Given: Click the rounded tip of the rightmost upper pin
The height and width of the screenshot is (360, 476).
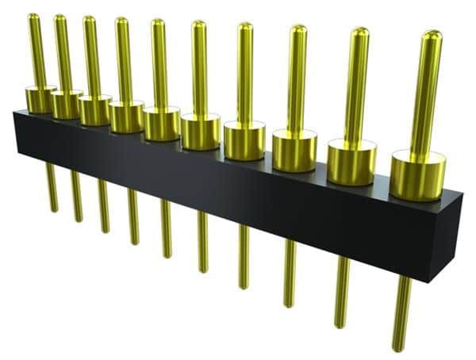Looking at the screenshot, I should [432, 36].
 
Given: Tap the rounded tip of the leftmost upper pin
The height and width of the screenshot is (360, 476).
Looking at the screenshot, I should [33, 17].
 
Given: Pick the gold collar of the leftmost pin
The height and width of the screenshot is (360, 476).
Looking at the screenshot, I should [39, 99].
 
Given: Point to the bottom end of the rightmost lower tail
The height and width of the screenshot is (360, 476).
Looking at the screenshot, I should [401, 346].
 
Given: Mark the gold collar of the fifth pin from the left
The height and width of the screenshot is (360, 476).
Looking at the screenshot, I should [162, 124].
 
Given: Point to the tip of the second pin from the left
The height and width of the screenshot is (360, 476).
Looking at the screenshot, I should [59, 19].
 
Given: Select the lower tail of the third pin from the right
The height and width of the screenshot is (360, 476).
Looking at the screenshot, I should [290, 270].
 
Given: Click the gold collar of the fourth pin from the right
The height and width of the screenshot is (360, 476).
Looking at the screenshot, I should [244, 140].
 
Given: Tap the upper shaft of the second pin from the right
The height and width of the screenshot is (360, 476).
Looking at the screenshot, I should [357, 87].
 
